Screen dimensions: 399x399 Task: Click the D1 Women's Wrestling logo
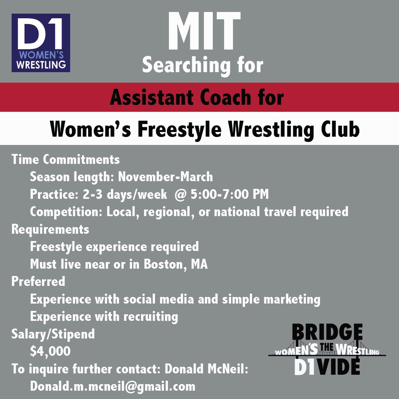pos(41,43)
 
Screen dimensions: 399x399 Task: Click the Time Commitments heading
pos(66,160)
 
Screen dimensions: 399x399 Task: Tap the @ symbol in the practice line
pos(179,194)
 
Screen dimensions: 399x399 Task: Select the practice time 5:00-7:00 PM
pos(230,194)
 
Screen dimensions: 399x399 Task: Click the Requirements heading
pos(50,229)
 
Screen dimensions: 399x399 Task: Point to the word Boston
pos(164,264)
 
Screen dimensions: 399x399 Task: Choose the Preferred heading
pos(38,282)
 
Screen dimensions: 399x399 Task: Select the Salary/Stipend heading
pos(53,334)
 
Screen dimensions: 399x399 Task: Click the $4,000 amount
pos(50,351)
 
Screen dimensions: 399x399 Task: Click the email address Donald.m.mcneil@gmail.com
pos(112,386)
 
